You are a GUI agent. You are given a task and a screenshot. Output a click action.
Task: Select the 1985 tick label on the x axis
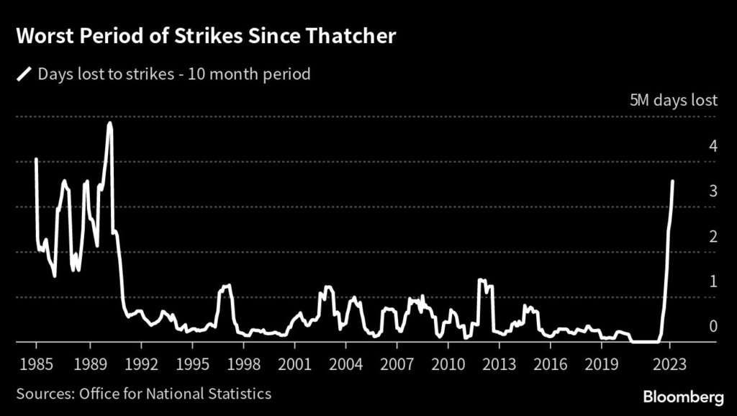(x=36, y=363)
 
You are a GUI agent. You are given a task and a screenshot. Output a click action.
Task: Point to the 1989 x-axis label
(x=91, y=363)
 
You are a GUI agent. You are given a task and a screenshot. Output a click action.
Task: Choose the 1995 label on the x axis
(x=193, y=363)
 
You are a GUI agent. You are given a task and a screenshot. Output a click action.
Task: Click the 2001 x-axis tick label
(x=294, y=363)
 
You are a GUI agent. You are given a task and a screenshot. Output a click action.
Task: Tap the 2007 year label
(x=397, y=363)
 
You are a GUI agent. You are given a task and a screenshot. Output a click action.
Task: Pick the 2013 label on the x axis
(x=499, y=363)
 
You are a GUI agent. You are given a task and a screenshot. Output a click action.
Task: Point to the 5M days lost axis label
(x=673, y=101)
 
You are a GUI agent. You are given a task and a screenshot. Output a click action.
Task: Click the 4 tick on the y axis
(x=713, y=146)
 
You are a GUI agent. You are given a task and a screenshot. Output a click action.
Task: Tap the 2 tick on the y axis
(x=713, y=237)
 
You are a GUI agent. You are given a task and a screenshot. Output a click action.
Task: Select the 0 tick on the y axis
(x=713, y=327)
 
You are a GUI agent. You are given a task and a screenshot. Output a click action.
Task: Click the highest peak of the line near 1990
(x=109, y=123)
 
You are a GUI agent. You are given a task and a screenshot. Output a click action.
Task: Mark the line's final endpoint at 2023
(x=673, y=181)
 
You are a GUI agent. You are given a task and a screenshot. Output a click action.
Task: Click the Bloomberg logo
(x=684, y=396)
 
